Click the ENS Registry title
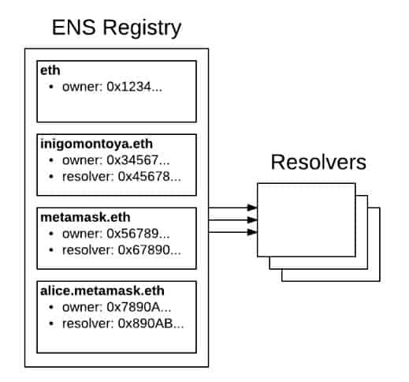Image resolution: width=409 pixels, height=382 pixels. point(116,28)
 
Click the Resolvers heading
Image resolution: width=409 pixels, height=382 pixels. point(318,163)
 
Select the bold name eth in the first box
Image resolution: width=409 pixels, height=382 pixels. point(48,69)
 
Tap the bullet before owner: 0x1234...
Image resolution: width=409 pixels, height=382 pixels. point(51,85)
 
